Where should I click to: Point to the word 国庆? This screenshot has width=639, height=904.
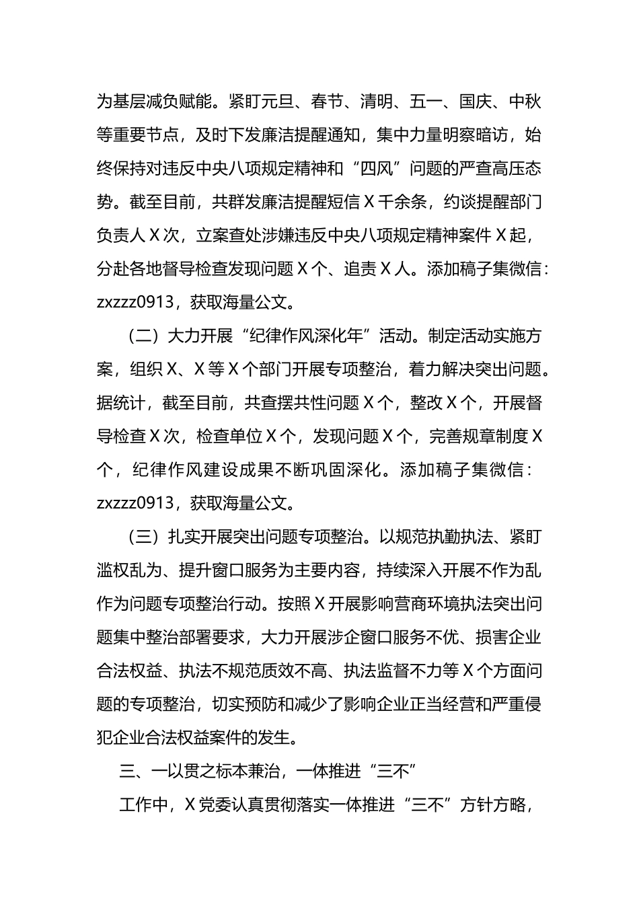point(476,102)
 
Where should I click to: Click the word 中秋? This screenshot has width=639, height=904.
point(525,102)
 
